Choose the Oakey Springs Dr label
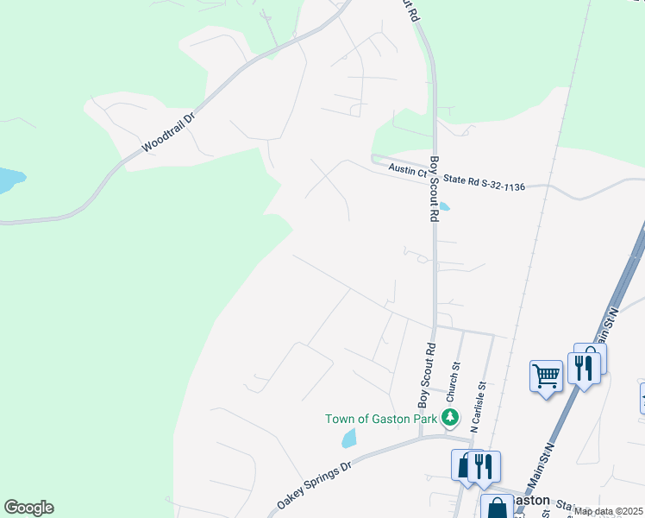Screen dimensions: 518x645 pos(315,484)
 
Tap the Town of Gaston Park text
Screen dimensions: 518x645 pos(381,420)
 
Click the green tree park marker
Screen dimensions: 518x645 pos(449,418)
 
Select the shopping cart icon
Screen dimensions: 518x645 pos(546,376)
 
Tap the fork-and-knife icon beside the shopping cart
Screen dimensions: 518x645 pos(585,368)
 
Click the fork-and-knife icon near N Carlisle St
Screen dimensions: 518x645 pos(483,466)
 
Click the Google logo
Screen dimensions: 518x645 pos(28,508)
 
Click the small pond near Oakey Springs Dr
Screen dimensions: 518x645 pos(348,439)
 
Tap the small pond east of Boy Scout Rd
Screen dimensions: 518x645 pos(444,206)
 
